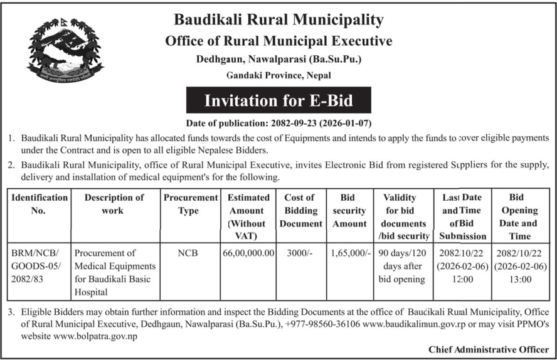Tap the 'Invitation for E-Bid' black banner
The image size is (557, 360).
278,100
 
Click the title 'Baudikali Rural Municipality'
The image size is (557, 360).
278,19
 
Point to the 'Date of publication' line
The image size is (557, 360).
278,123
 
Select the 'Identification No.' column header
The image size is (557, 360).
38,204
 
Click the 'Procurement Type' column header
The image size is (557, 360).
191,204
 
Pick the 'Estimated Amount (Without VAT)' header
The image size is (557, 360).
249,216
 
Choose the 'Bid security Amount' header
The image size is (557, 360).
349,210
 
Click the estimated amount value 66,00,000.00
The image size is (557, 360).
249,253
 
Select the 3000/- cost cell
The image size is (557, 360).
300,253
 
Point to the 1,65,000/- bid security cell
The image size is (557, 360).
349,253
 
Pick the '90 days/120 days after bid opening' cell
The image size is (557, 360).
403,266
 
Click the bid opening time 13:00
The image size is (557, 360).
520,279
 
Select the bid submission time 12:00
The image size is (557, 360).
461,279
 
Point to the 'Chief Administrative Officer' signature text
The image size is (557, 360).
489,349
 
